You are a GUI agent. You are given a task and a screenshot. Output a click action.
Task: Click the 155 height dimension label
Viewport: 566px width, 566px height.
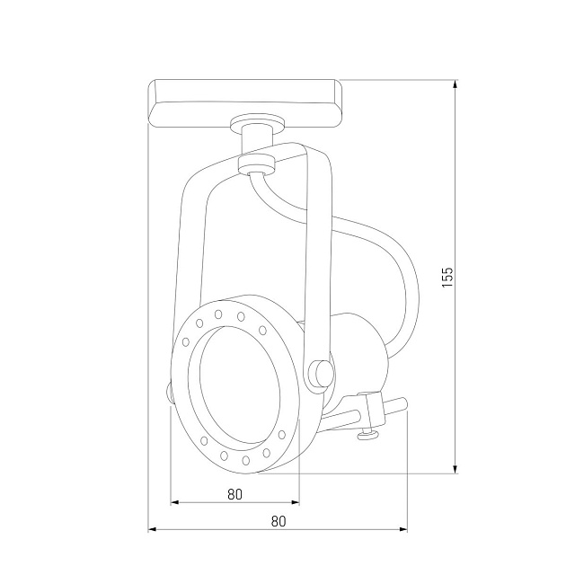click(x=447, y=277)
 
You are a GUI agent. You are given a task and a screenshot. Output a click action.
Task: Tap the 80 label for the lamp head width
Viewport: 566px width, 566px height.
click(x=235, y=493)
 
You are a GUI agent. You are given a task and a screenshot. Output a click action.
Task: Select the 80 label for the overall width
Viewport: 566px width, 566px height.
click(x=278, y=520)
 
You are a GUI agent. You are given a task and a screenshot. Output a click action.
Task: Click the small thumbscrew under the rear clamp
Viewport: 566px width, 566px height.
click(x=367, y=436)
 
